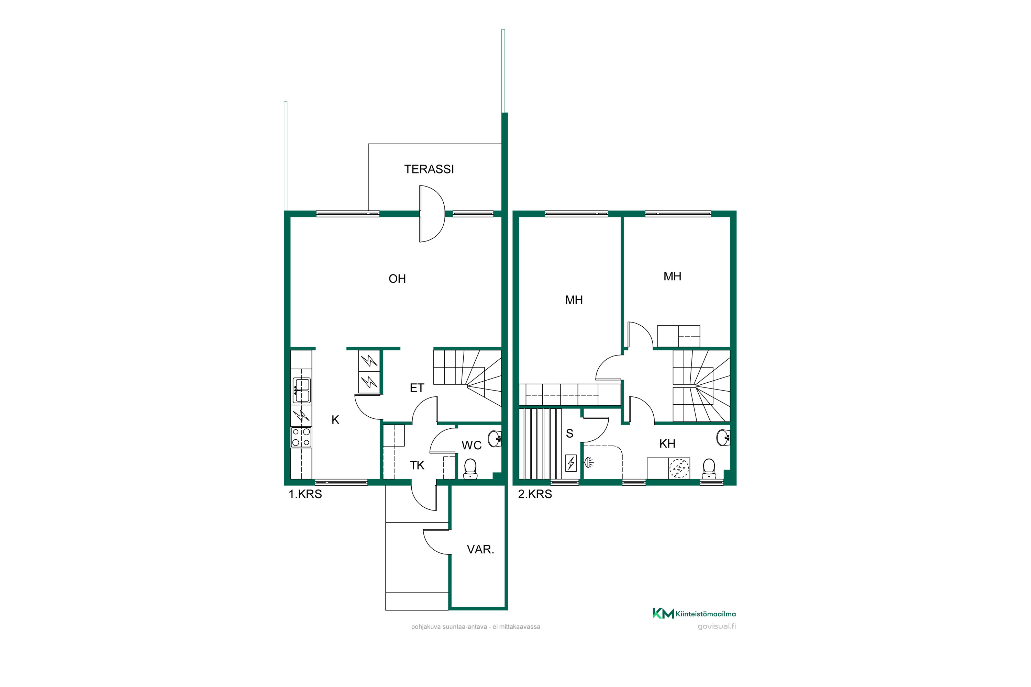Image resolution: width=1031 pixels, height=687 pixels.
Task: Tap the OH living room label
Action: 397,279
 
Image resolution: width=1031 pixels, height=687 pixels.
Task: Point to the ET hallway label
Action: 417,388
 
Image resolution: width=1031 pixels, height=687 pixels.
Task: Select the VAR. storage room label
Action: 480,549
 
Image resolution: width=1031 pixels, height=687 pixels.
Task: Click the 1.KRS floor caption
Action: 305,494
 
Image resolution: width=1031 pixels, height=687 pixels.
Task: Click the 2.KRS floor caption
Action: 535,494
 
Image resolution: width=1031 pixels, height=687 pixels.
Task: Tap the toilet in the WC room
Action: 470,469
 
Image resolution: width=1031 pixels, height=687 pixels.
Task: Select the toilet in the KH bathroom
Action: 709,469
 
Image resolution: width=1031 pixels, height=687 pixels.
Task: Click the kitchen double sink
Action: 302,390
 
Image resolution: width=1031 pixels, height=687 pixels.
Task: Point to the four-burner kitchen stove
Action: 301,437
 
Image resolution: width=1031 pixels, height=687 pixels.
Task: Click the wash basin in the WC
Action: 495,439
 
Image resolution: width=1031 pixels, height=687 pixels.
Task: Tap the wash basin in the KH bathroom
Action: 724,438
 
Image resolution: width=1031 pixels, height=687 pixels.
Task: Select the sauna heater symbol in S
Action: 571,463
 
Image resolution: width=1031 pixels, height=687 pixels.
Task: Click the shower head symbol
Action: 589,462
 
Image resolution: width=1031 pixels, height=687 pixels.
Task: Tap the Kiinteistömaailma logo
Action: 694,613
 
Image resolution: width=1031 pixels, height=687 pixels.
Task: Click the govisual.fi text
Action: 717,627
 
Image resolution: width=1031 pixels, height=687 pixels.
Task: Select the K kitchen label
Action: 335,420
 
